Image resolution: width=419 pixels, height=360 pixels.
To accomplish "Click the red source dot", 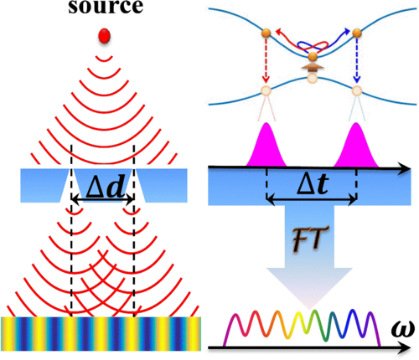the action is (x=104, y=36).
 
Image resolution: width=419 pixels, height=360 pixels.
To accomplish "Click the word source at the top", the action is (x=106, y=7).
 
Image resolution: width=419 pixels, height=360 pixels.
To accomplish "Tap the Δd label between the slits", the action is (x=105, y=187).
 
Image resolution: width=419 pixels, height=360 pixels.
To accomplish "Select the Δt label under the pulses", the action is (x=313, y=184).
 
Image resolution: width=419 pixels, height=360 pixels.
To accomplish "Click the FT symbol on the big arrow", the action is (x=309, y=239).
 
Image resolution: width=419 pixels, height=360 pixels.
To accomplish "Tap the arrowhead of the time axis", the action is (x=404, y=169).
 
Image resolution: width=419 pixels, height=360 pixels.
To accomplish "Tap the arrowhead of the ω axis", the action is (x=404, y=348).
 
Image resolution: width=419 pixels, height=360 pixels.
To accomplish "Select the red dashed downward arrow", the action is (x=266, y=60).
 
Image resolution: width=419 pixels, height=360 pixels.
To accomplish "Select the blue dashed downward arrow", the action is (x=357, y=60).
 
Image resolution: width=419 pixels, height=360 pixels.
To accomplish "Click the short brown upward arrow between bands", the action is (x=313, y=68).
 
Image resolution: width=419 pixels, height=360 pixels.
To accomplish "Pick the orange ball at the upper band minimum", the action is (x=313, y=57).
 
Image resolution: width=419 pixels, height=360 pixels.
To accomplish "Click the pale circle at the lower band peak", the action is (x=313, y=78).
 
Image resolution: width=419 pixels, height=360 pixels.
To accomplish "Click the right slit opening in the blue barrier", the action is (x=138, y=185).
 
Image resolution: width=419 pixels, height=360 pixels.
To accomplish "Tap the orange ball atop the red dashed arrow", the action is (x=266, y=33).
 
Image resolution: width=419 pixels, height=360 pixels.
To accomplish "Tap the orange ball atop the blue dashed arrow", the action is (x=357, y=33).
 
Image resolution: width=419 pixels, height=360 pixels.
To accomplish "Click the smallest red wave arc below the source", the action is (x=104, y=59).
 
